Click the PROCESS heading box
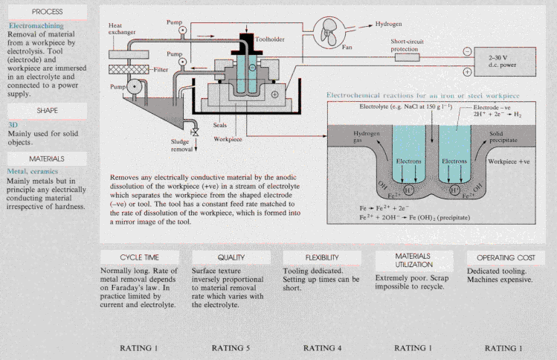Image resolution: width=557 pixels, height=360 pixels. [47, 12]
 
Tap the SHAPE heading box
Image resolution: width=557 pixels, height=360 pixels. [47, 111]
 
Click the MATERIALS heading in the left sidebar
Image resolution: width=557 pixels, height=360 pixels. [47, 158]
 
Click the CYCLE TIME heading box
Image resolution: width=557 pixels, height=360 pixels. [140, 257]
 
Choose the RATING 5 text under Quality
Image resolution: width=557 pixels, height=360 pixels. [231, 347]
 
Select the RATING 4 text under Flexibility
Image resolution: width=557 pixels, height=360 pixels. [321, 347]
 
